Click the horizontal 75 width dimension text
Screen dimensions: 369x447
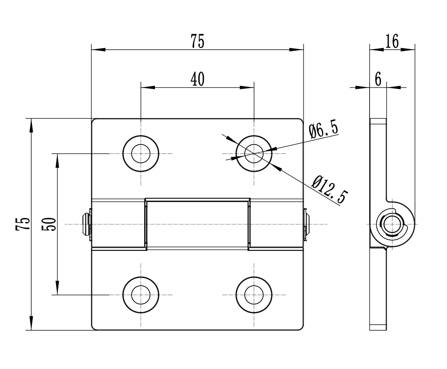pyautogui.click(x=198, y=41)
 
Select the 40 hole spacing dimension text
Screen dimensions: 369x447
pyautogui.click(x=198, y=79)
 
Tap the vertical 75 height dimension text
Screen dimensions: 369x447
pyautogui.click(x=23, y=224)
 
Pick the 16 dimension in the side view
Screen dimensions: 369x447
pyautogui.click(x=392, y=41)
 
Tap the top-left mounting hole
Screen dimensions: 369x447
pyautogui.click(x=140, y=153)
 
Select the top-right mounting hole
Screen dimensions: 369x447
pyautogui.click(x=254, y=153)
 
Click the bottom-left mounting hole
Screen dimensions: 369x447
pyautogui.click(x=140, y=295)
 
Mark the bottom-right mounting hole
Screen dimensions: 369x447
pyautogui.click(x=254, y=295)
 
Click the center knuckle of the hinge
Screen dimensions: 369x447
pyautogui.click(x=197, y=223)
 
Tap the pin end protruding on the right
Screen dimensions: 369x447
pyautogui.click(x=307, y=223)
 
